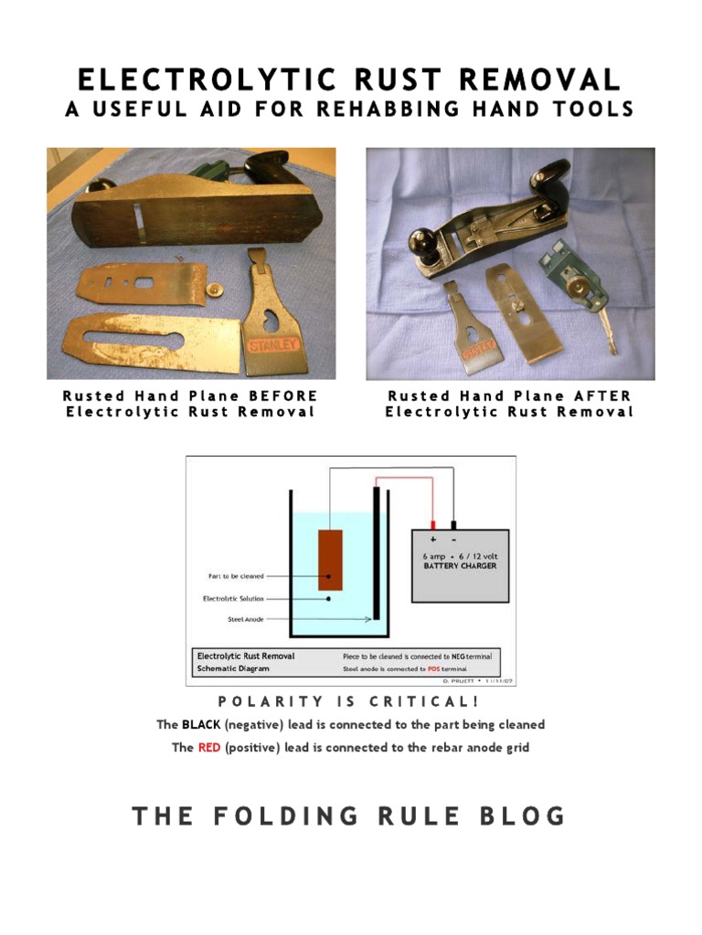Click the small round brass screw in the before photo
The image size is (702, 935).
pos(214,290)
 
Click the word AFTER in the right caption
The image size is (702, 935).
pos(602,396)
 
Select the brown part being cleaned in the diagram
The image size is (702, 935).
pos(329,560)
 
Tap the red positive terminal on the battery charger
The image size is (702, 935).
pos(432,526)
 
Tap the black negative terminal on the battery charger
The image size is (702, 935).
pos(453,526)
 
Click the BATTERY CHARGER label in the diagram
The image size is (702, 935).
pos(460,566)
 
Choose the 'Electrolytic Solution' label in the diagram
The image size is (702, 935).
pos(233,599)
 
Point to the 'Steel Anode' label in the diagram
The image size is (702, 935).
pos(246,619)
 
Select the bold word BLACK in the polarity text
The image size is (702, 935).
pos(200,725)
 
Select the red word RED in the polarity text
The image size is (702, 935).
pos(209,748)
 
